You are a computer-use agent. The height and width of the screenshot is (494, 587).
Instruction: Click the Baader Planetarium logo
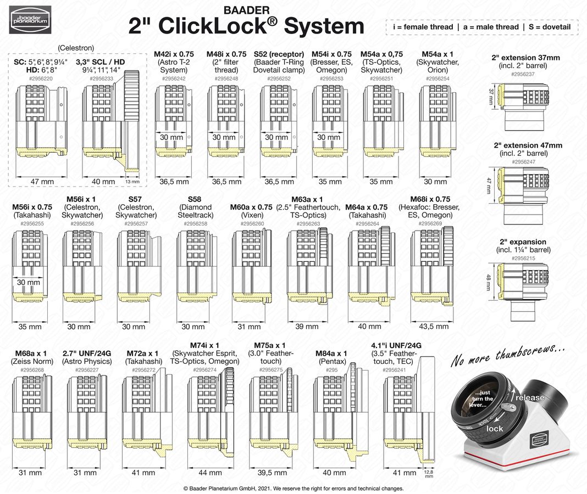(30, 20)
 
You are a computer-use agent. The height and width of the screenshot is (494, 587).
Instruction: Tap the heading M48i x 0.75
(226, 54)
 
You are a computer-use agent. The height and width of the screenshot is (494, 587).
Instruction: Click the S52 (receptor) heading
(279, 54)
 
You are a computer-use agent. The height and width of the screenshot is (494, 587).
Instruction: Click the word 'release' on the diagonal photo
(530, 397)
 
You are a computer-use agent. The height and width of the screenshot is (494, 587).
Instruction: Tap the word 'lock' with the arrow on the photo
(495, 428)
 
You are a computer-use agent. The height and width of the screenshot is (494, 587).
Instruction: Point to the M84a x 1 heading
(331, 353)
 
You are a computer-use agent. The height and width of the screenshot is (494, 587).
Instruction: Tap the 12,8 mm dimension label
(429, 474)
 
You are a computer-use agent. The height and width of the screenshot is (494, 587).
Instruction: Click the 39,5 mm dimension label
(272, 473)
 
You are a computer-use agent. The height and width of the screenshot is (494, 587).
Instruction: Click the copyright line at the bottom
(293, 488)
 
